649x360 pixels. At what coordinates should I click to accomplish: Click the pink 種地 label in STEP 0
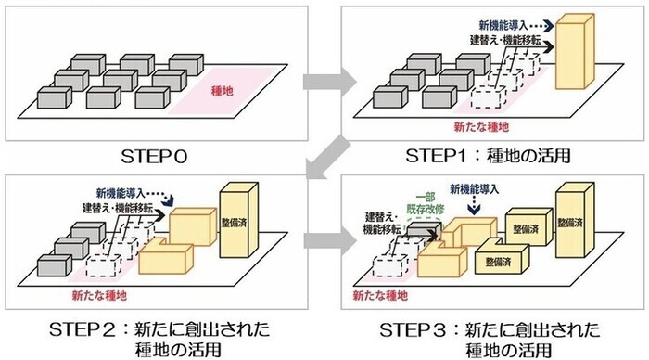[223, 92]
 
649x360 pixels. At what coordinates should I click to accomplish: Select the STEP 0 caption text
[158, 154]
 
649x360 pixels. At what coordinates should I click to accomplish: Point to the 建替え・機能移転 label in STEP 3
[383, 222]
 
